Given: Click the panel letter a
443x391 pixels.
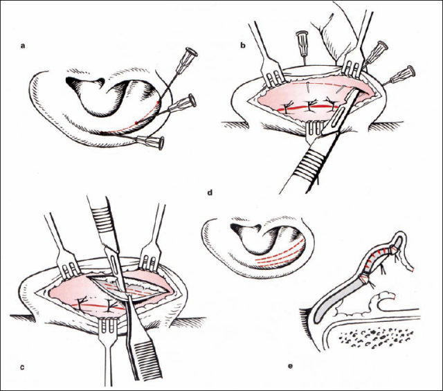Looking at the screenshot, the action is pyautogui.click(x=23, y=46).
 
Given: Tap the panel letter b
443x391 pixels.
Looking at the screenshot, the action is pyautogui.click(x=243, y=45).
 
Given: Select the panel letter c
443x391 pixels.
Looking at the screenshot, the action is pyautogui.click(x=23, y=367).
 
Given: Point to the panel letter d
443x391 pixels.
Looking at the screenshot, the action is pyautogui.click(x=210, y=193).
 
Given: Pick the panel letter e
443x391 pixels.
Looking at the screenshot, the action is pyautogui.click(x=290, y=366).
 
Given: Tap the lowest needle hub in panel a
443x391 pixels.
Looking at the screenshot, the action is pyautogui.click(x=150, y=142).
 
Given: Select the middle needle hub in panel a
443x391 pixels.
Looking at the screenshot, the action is pyautogui.click(x=182, y=103).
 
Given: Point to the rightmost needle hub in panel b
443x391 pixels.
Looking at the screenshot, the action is pyautogui.click(x=402, y=74).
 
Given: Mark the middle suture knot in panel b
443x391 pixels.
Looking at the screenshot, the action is pyautogui.click(x=310, y=107).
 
